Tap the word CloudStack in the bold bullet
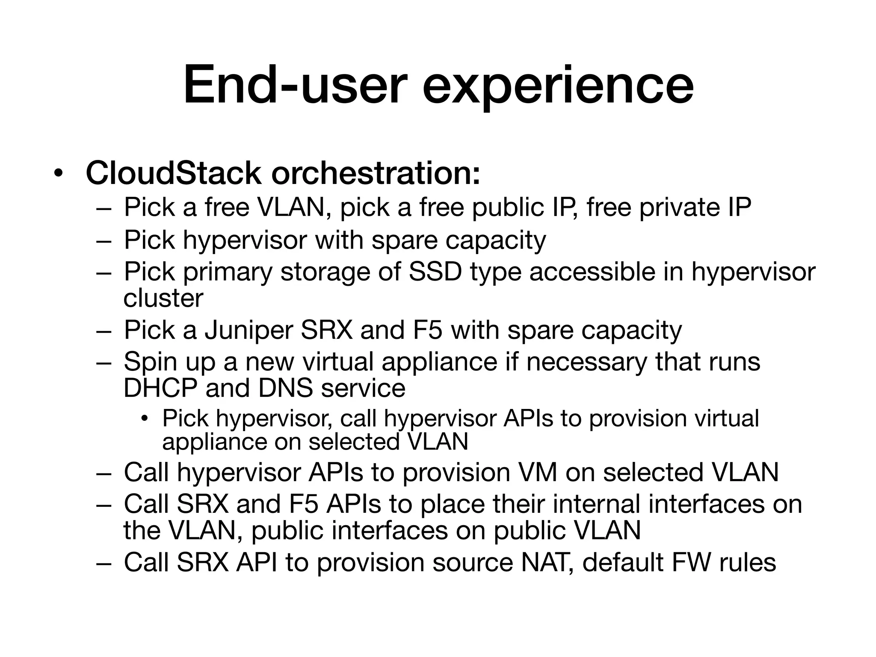point(173,173)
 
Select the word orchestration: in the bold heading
point(376,173)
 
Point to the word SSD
point(435,272)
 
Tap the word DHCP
point(160,388)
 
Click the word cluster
point(163,299)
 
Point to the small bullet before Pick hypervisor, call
point(145,418)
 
